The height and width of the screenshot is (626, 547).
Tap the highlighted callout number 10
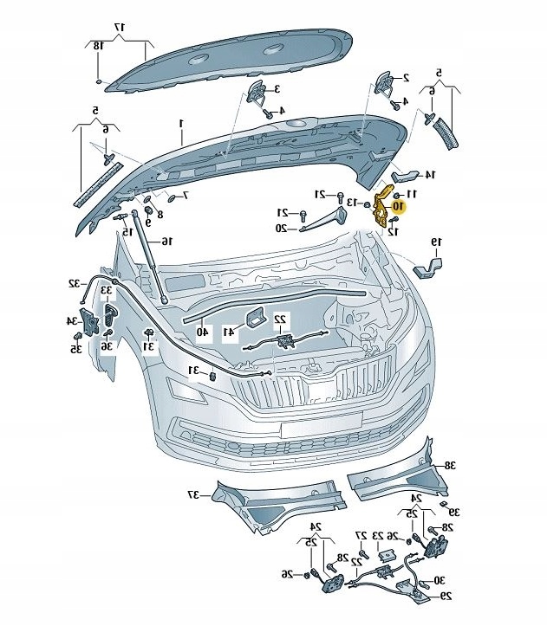click(x=398, y=206)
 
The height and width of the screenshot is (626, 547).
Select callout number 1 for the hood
click(x=180, y=123)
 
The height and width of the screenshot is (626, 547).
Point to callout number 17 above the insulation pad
click(x=120, y=28)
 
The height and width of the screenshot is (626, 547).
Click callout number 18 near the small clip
click(x=98, y=46)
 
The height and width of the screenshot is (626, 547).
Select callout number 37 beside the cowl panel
click(x=193, y=495)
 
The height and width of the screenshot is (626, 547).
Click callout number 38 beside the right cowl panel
click(x=450, y=465)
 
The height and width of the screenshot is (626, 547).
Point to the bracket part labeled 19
click(x=428, y=268)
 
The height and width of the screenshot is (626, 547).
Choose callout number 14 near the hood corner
click(x=430, y=174)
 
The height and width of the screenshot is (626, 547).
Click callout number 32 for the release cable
click(x=75, y=283)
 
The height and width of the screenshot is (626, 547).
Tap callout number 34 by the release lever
click(x=72, y=320)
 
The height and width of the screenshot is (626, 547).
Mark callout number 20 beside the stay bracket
click(x=282, y=229)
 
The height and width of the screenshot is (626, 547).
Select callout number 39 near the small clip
click(x=454, y=512)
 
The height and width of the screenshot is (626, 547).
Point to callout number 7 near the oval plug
click(x=186, y=195)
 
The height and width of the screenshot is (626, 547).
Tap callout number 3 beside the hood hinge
click(x=277, y=88)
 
